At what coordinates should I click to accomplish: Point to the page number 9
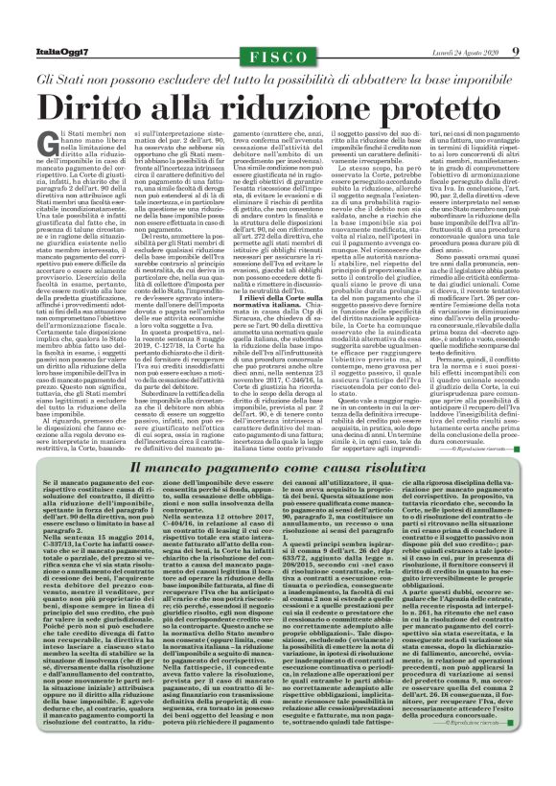point(516,50)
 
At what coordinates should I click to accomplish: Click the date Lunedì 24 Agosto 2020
point(465,51)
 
